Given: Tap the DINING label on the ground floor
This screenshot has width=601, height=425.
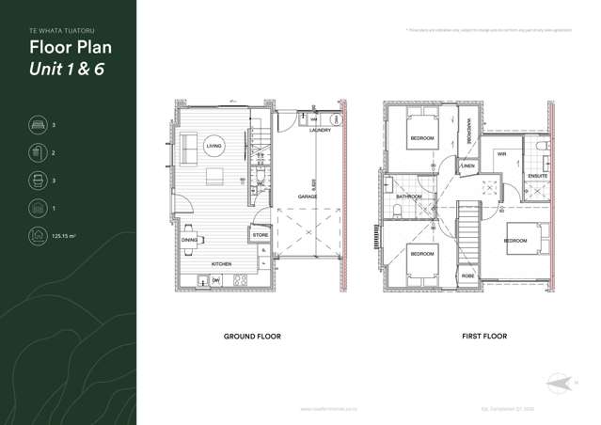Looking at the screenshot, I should [x=189, y=240].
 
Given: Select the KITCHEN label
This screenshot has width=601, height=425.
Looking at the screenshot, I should [x=221, y=264].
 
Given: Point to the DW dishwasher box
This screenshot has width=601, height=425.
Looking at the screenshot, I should [x=215, y=280].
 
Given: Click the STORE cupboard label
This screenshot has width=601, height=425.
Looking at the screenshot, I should [x=261, y=235].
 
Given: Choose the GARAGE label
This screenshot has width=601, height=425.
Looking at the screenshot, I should [x=308, y=197].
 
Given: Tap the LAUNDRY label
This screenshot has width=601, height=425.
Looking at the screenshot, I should [x=320, y=131].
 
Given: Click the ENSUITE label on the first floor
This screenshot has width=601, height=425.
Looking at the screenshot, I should [x=537, y=176].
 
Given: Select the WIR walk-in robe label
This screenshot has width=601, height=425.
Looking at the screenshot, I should [x=501, y=154].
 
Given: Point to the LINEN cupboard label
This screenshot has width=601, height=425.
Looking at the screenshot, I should [x=468, y=165].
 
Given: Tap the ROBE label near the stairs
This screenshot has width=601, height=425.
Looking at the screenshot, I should [x=467, y=275].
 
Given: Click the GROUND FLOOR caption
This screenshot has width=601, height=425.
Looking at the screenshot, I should [x=251, y=336].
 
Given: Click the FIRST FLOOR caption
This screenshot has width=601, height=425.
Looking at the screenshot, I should [x=483, y=336].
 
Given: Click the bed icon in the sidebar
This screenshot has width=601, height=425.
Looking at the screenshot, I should [x=38, y=124].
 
